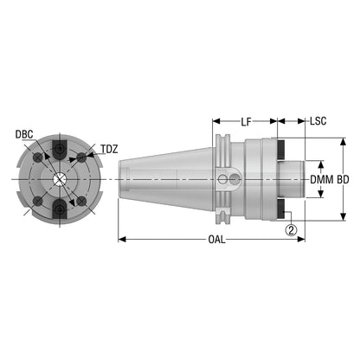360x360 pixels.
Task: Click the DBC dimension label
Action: pos(24,134)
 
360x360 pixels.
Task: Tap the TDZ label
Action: pos(109,149)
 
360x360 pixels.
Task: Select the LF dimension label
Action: pos(246,122)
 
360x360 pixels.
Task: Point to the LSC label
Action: pos(318,121)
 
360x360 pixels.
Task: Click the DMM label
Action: pos(322,180)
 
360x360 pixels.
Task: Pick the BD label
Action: pos(343,180)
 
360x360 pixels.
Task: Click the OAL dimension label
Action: pos(216,240)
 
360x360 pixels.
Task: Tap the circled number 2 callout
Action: pos(291,230)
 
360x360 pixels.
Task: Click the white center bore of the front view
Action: pos(60,179)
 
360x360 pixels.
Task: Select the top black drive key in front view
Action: pos(60,149)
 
